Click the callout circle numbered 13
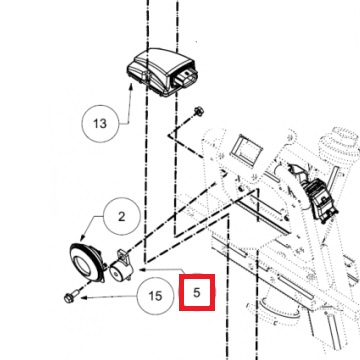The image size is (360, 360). (x=98, y=125)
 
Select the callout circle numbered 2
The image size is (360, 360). (x=122, y=216)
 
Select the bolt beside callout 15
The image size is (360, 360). (x=76, y=295)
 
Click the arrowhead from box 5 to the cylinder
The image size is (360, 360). (x=140, y=267)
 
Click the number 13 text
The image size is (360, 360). (x=98, y=125)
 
